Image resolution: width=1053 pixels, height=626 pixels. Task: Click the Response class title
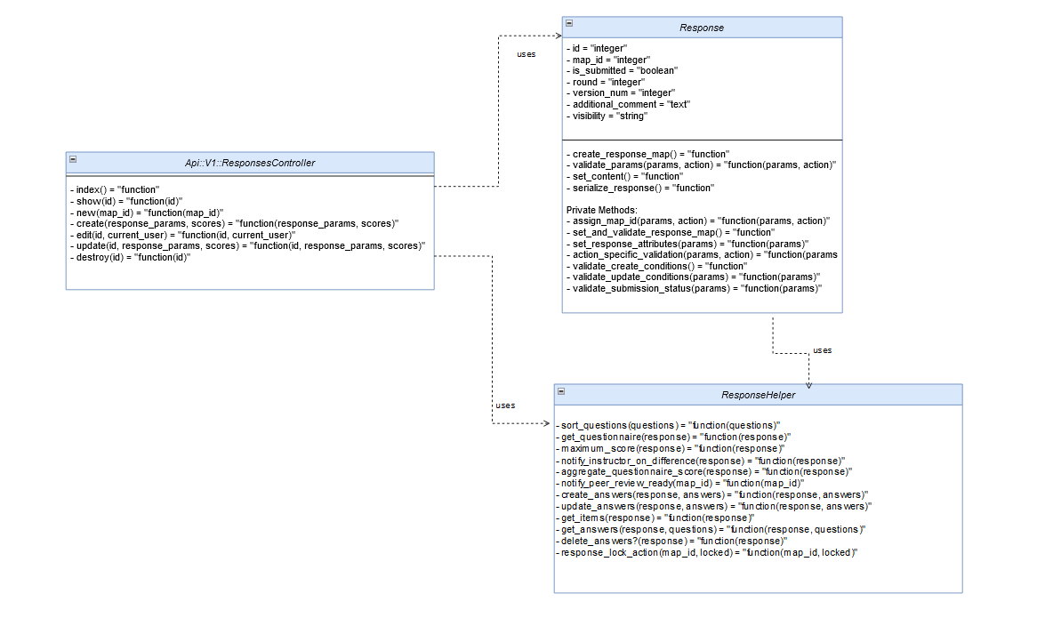click(702, 28)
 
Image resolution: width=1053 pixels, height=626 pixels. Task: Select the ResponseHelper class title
click(758, 395)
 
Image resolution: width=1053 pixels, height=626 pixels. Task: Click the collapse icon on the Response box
click(569, 23)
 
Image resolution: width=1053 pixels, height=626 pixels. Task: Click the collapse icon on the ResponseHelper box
click(561, 390)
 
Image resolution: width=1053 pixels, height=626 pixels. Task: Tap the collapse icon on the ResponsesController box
click(73, 159)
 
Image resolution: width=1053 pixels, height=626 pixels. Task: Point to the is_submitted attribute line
click(614, 70)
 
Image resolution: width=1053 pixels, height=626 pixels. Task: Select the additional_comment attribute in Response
click(631, 104)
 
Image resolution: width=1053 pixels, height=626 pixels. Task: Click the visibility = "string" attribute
click(610, 116)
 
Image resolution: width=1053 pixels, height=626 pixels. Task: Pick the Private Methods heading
click(603, 209)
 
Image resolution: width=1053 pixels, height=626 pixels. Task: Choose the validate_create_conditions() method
click(659, 266)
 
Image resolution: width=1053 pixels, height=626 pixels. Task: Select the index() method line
click(116, 189)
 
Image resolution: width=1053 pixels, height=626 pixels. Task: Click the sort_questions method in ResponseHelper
click(669, 425)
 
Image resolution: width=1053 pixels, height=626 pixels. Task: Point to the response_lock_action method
click(707, 552)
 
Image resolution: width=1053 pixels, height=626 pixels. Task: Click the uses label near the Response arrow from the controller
click(526, 54)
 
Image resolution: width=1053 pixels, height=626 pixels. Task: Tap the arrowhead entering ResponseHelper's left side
click(549, 423)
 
